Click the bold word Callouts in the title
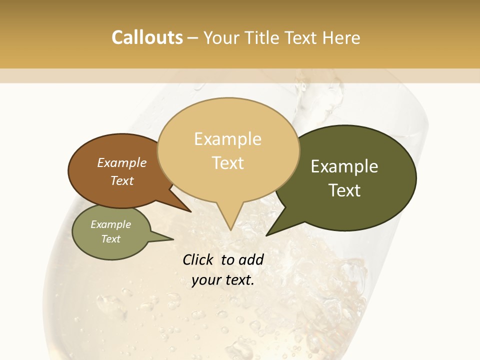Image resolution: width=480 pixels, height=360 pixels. [x=147, y=37]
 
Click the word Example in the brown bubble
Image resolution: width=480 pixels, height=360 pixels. [x=122, y=162]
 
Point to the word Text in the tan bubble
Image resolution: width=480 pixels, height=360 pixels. [x=228, y=163]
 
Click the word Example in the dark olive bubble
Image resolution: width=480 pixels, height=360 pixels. [x=344, y=166]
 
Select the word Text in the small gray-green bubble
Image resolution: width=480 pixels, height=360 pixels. [x=111, y=239]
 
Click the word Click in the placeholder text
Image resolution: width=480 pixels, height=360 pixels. [x=198, y=259]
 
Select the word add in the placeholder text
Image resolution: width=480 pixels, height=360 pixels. [x=251, y=259]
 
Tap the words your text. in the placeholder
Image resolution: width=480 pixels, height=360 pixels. [x=223, y=280]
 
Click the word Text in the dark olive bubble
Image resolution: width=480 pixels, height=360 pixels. [x=345, y=190]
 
